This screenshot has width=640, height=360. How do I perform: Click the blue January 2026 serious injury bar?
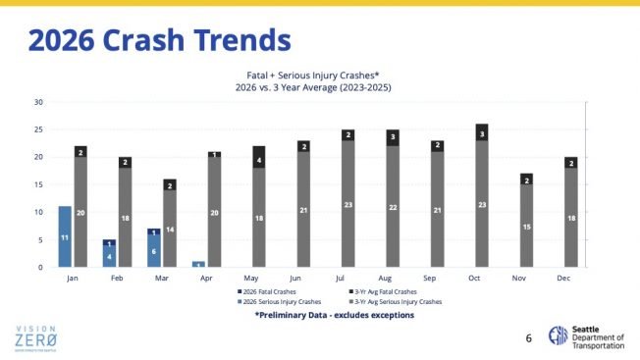click(x=65, y=236)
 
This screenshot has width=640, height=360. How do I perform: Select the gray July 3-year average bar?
click(x=348, y=204)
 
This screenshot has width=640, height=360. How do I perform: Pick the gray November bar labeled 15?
click(x=526, y=227)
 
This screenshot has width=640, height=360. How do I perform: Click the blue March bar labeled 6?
click(x=153, y=250)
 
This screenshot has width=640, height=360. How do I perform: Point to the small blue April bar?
click(x=198, y=264)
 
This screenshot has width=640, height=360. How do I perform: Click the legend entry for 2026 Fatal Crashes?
click(x=269, y=291)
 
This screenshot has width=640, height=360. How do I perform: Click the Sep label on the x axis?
click(x=437, y=277)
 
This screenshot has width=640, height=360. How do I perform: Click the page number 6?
click(x=528, y=338)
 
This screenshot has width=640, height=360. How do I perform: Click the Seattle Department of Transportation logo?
click(x=588, y=335)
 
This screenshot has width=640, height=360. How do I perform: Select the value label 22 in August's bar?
click(x=393, y=207)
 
